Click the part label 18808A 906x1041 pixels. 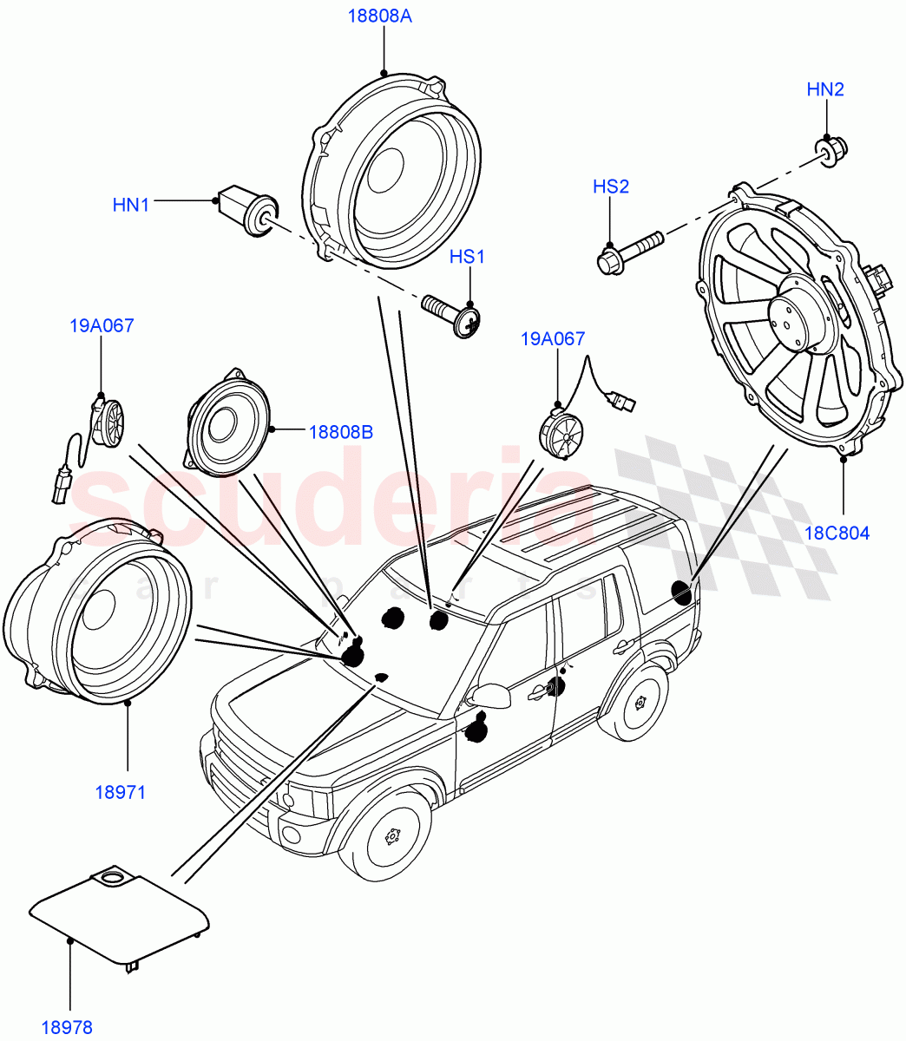pyautogui.click(x=380, y=16)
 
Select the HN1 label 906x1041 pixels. pyautogui.click(x=131, y=206)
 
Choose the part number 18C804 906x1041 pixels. pyautogui.click(x=837, y=533)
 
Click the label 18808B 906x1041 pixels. pyautogui.click(x=341, y=431)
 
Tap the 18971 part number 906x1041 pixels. pyautogui.click(x=121, y=792)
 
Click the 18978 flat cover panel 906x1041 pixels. pyautogui.click(x=119, y=916)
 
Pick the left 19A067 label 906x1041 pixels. pyautogui.click(x=102, y=326)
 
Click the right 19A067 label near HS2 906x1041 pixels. pyautogui.click(x=553, y=339)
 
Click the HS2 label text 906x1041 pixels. pyautogui.click(x=610, y=187)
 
